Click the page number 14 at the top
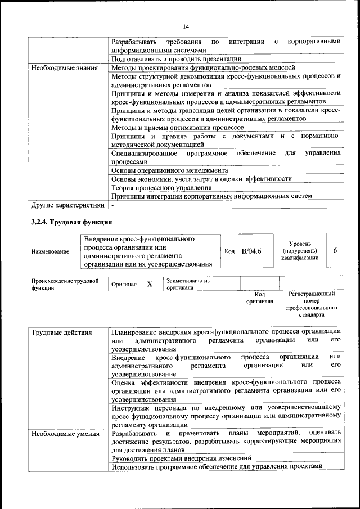[x=186, y=26]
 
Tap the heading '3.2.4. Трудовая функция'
[x=71, y=223]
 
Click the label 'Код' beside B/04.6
[x=229, y=251]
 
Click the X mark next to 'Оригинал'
[x=150, y=284]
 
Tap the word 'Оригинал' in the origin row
[x=124, y=285]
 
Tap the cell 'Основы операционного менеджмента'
[x=169, y=170]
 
